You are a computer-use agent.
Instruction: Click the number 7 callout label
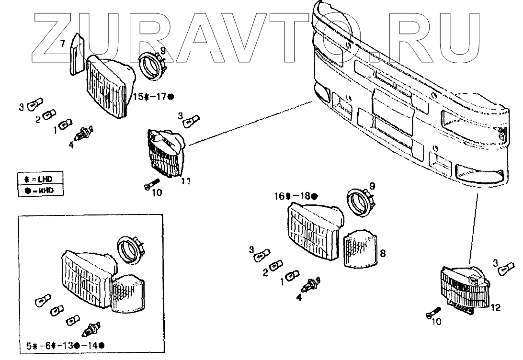pyautogui.click(x=62, y=44)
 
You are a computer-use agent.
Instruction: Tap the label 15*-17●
pyautogui.click(x=153, y=97)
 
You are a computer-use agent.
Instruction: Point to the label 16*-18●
pyautogui.click(x=296, y=196)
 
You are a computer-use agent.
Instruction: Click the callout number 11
pyautogui.click(x=186, y=181)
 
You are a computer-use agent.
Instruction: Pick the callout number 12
pyautogui.click(x=495, y=308)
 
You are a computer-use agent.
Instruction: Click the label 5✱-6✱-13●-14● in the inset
pyautogui.click(x=66, y=346)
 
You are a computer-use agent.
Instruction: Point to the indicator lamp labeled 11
pyautogui.click(x=166, y=152)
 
